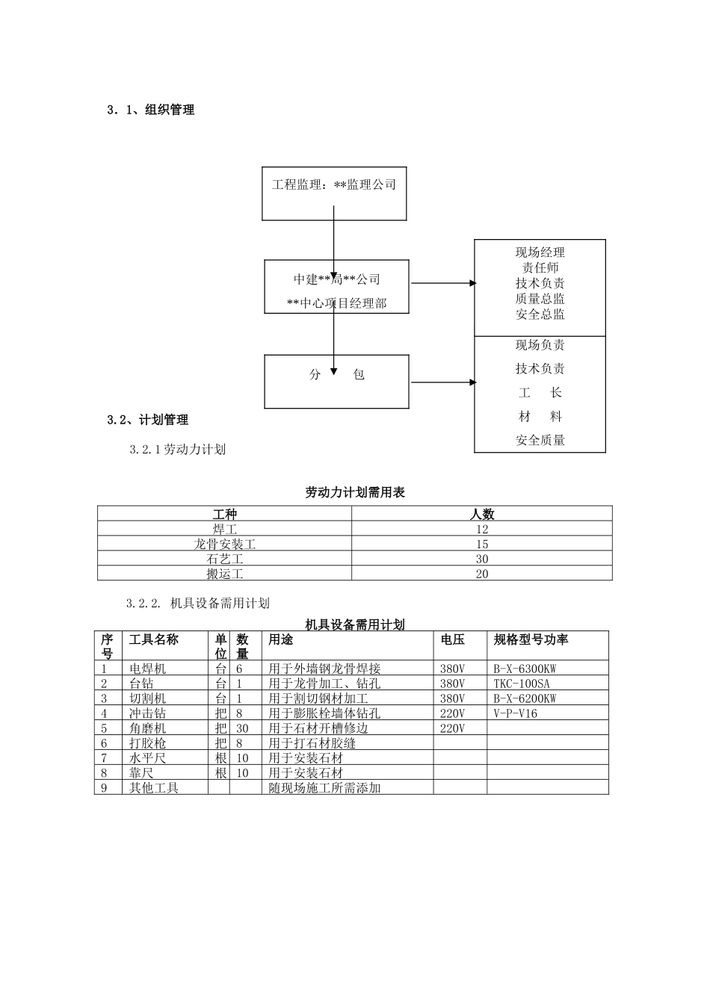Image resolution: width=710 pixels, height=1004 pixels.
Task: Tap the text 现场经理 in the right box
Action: [x=540, y=252]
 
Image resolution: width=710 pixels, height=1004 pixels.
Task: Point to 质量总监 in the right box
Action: [x=540, y=299]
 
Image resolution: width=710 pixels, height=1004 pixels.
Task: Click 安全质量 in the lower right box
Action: [x=540, y=440]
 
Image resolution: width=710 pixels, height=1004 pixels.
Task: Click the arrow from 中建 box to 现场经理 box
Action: [x=442, y=283]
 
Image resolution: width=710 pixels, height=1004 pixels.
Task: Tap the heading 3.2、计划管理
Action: [x=147, y=420]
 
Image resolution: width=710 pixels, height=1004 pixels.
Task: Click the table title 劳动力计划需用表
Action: [x=355, y=492]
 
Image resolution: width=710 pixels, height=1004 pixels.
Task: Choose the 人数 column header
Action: [x=482, y=514]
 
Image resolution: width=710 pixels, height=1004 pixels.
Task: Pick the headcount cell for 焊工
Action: [x=482, y=529]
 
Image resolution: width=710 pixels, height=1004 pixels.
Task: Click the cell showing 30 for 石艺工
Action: [x=482, y=559]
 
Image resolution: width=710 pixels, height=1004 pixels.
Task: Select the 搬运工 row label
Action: [x=225, y=574]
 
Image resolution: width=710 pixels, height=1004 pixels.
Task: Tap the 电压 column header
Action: [x=452, y=640]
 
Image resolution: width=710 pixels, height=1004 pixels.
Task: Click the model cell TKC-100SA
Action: [x=522, y=684]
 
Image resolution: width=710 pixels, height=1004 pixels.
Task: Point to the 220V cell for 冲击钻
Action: [x=452, y=713]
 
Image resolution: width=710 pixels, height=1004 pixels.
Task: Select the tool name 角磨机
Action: [x=148, y=728]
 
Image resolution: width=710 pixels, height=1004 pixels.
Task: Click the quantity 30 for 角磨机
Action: [x=242, y=728]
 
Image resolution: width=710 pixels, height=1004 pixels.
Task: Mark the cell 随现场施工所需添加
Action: [x=324, y=788]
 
